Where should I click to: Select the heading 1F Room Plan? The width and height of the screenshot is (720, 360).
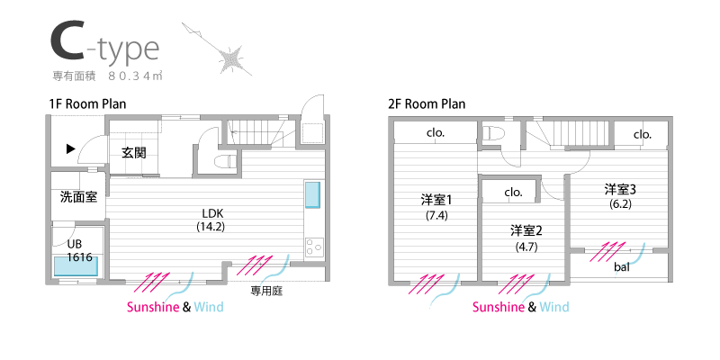pyautogui.click(x=87, y=103)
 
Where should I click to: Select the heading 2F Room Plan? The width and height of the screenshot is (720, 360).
pyautogui.click(x=427, y=103)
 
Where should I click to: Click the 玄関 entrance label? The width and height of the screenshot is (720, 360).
pyautogui.click(x=134, y=152)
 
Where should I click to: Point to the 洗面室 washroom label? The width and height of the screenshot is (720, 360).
pyautogui.click(x=78, y=196)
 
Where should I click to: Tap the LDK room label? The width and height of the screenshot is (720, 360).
pyautogui.click(x=211, y=213)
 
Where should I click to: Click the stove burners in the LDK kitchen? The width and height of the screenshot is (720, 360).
pyautogui.click(x=313, y=246)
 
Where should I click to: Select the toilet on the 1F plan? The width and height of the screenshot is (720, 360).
pyautogui.click(x=225, y=160)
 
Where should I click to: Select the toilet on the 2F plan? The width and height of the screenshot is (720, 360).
pyautogui.click(x=491, y=132)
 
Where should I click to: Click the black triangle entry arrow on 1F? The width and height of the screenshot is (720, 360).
pyautogui.click(x=69, y=149)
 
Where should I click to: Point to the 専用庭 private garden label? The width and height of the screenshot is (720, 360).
pyautogui.click(x=267, y=291)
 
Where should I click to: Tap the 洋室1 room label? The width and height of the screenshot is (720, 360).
pyautogui.click(x=436, y=200)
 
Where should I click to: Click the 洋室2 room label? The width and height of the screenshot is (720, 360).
pyautogui.click(x=525, y=229)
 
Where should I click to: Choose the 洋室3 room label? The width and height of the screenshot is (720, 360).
pyautogui.click(x=620, y=189)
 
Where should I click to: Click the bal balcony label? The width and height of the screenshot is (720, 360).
pyautogui.click(x=622, y=267)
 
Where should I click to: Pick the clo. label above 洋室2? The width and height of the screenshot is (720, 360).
pyautogui.click(x=514, y=192)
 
